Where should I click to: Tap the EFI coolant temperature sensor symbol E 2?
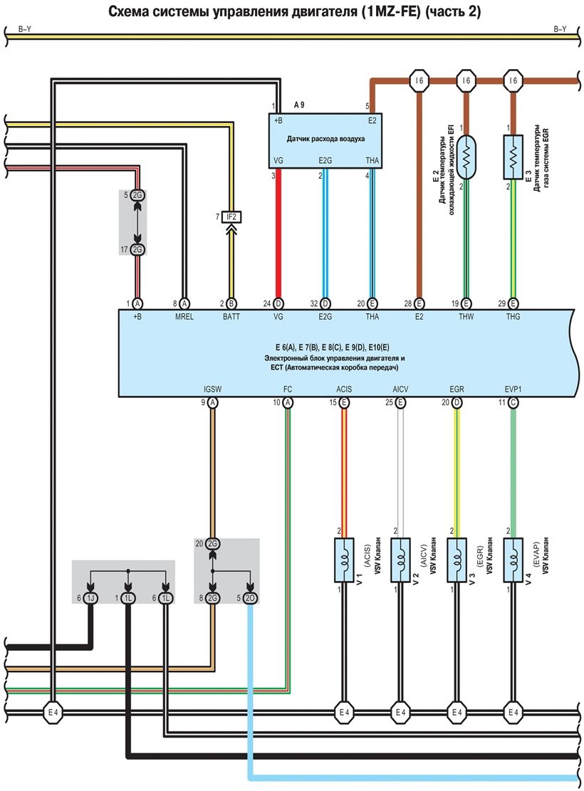click(467, 161)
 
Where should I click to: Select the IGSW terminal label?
click(212, 390)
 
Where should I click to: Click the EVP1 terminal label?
click(512, 390)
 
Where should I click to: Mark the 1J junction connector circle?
click(91, 598)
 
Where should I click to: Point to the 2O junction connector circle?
click(250, 598)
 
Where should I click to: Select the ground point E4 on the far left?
click(53, 711)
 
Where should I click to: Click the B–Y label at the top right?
click(560, 29)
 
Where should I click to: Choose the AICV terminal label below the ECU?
click(400, 390)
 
